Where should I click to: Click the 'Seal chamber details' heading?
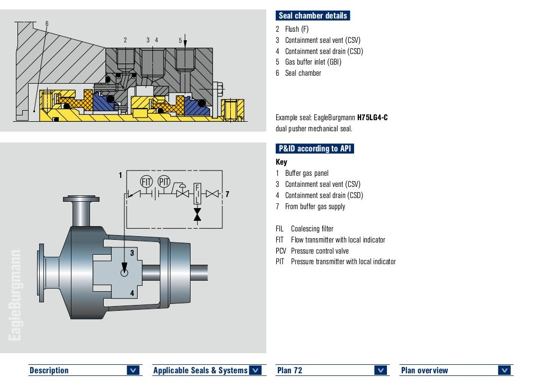coord(313,16)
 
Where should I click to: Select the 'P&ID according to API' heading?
coord(315,149)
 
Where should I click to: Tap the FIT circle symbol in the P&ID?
coord(146,181)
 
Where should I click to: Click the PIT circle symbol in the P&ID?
coord(164,181)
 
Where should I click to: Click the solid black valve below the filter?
coord(197,214)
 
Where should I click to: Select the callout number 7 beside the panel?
coord(227,194)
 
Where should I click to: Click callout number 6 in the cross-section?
coord(47,24)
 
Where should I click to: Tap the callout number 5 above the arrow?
coord(180,40)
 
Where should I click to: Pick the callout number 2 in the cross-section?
coord(125,40)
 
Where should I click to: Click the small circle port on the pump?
coord(124,273)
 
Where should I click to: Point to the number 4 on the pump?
coord(132,293)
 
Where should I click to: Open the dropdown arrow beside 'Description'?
coord(133,371)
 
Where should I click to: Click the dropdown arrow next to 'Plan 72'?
coord(381,371)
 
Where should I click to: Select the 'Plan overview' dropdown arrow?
coord(504,371)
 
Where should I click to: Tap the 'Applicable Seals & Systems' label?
coord(200,371)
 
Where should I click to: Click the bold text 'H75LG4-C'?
coord(373,118)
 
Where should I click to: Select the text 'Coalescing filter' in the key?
coord(312,229)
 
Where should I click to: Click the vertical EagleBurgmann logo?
coord(14,294)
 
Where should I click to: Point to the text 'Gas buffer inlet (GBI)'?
coord(313,62)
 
